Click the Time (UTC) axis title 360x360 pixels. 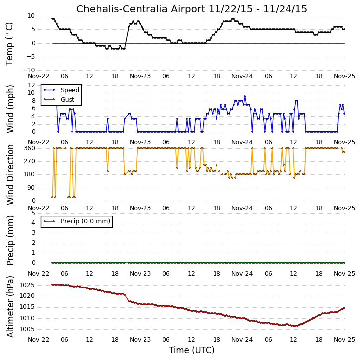[192, 350]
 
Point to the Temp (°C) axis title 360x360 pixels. [9, 44]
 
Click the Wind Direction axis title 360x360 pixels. [10, 174]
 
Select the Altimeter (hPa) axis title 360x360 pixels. [10, 306]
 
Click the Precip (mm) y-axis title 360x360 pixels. [10, 240]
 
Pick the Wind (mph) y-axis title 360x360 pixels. [10, 109]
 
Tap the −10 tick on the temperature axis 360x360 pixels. [29, 70]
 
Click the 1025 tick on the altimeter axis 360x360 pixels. [27, 285]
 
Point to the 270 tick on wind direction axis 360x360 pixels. [30, 161]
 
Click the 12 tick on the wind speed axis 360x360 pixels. [31, 85]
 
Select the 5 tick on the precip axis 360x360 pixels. [34, 213]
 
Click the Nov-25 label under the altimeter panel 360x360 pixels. [345, 339]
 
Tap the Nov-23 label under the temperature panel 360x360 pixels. [141, 76]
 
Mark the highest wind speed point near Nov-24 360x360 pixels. [245, 96]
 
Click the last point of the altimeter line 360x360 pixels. [344, 308]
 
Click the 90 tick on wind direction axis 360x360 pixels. [32, 188]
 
